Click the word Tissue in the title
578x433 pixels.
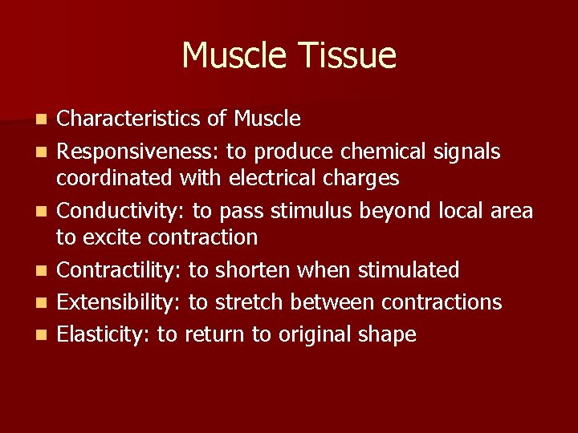(x=348, y=56)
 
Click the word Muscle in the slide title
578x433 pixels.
(x=236, y=56)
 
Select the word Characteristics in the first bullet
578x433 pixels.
(x=129, y=119)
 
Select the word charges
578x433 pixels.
(x=362, y=179)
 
